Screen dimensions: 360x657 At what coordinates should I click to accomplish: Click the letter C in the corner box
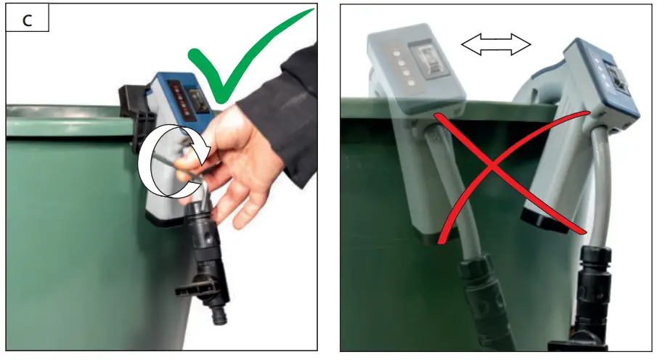27,20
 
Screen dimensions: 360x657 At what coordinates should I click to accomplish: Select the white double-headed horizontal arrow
496,46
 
